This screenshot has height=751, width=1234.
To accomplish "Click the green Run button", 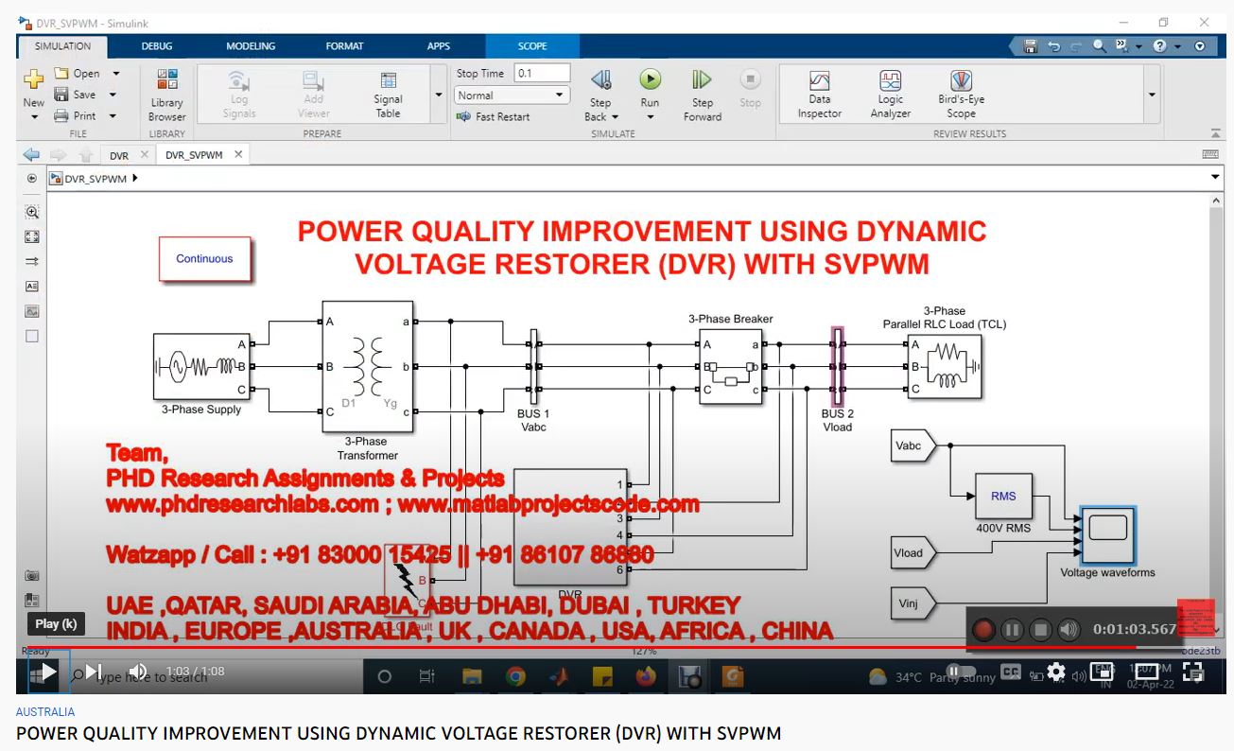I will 650,80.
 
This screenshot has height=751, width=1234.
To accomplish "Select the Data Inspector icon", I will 819,81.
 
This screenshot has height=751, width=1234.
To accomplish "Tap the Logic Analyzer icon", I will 890,81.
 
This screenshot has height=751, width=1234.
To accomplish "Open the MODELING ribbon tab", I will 251,45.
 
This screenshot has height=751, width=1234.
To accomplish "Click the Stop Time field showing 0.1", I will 542,73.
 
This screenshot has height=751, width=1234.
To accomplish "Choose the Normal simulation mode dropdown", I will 511,96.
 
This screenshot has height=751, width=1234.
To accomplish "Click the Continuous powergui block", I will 204,258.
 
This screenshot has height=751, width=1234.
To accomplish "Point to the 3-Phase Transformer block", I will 368,366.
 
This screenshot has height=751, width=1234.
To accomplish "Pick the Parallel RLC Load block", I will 944,367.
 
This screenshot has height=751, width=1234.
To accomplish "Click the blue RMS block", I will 1003,496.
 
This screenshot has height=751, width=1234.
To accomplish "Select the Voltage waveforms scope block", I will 1107,534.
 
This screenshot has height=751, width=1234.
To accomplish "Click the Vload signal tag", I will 912,552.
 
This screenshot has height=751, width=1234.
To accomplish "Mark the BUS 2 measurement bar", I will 836,367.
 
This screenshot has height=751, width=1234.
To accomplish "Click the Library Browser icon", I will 166,81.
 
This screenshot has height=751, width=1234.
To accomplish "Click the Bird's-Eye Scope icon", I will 961,81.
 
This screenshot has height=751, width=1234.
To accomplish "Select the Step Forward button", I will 702,80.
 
